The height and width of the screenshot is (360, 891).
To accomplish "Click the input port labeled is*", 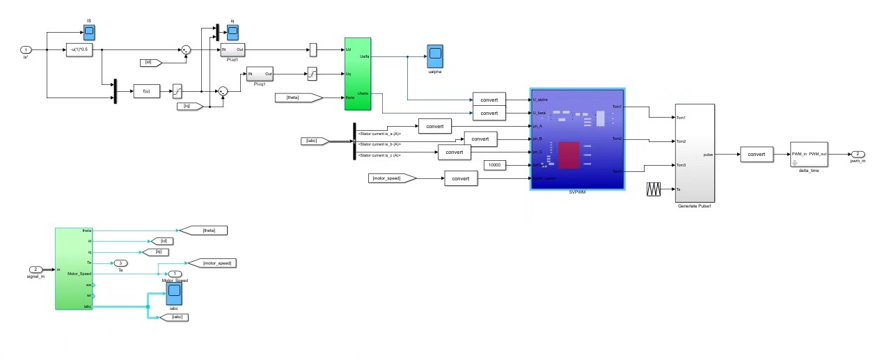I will [x=26, y=50].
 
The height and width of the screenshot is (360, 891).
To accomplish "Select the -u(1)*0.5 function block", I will [x=84, y=50].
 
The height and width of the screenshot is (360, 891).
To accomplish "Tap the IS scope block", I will [x=89, y=32].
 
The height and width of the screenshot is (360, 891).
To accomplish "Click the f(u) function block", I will [x=147, y=91].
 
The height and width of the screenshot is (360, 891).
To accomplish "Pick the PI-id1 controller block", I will [x=233, y=50].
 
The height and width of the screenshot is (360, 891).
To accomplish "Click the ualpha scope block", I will [x=436, y=56].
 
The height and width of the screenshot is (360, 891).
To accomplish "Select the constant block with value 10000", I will [x=495, y=165].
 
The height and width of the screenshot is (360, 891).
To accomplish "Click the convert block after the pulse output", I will [x=757, y=154].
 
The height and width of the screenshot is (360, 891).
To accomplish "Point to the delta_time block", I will [x=809, y=155].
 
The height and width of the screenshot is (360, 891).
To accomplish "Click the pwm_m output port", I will [x=859, y=154].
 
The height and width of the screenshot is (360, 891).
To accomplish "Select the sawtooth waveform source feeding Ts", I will [x=655, y=189].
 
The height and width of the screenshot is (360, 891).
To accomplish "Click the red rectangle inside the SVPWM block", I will [x=569, y=155].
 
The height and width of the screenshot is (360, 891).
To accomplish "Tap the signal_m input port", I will [x=36, y=269].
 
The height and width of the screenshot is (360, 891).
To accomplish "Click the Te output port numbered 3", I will [x=120, y=263].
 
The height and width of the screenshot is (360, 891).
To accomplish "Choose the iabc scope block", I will [x=174, y=292].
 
